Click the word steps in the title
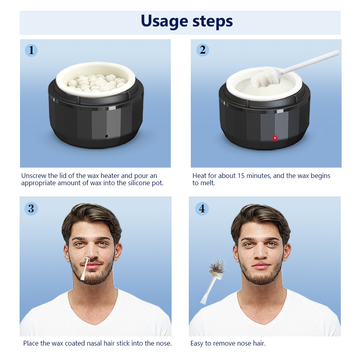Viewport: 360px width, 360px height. [211, 22]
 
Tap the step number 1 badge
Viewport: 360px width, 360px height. [31, 50]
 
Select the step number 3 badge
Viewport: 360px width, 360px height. [31, 208]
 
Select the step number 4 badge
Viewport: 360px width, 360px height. [202, 208]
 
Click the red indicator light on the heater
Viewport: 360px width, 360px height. [275, 138]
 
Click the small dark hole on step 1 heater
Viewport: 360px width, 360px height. [106, 136]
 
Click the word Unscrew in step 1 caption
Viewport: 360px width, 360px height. [34, 176]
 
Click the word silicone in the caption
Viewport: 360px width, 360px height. [136, 183]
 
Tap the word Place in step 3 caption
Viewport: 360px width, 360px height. [31, 343]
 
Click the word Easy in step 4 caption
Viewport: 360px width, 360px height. [197, 343]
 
